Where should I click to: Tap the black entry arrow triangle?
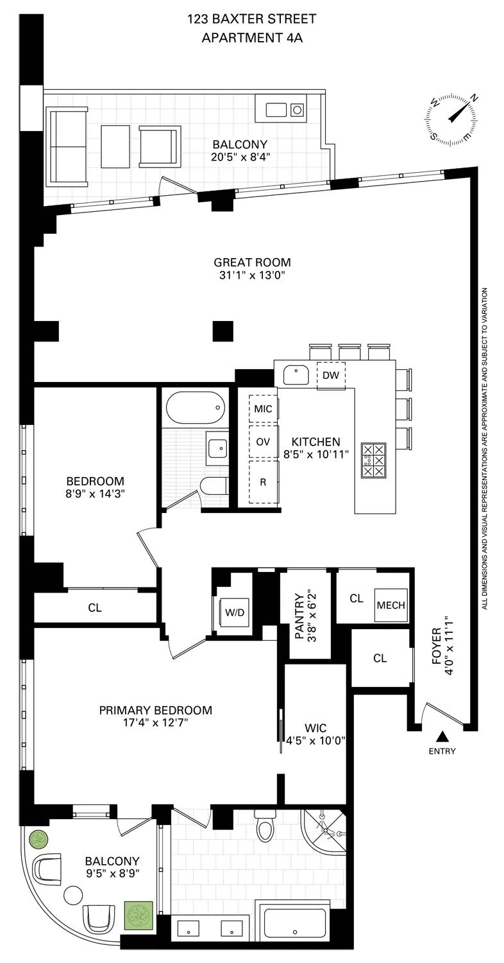442,736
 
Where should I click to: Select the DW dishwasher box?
331,376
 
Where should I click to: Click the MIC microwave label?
263,409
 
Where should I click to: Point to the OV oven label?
263,442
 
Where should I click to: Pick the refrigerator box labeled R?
263,481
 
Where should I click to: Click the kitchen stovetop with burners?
374,460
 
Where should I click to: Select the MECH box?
391,605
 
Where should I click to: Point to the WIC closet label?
316,728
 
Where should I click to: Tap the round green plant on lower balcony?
38,839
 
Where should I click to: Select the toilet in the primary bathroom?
265,826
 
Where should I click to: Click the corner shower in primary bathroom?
325,831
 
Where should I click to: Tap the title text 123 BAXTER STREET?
251,20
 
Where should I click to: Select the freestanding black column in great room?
223,331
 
